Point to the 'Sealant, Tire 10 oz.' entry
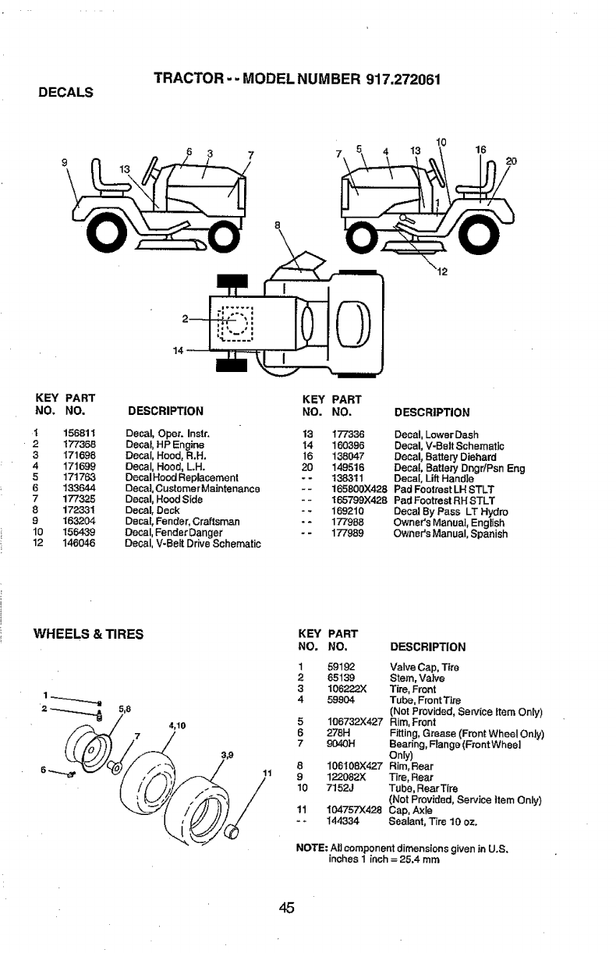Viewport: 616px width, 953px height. click(x=433, y=822)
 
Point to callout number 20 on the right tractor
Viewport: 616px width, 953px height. click(x=511, y=162)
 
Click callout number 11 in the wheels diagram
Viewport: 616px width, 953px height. click(x=265, y=773)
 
